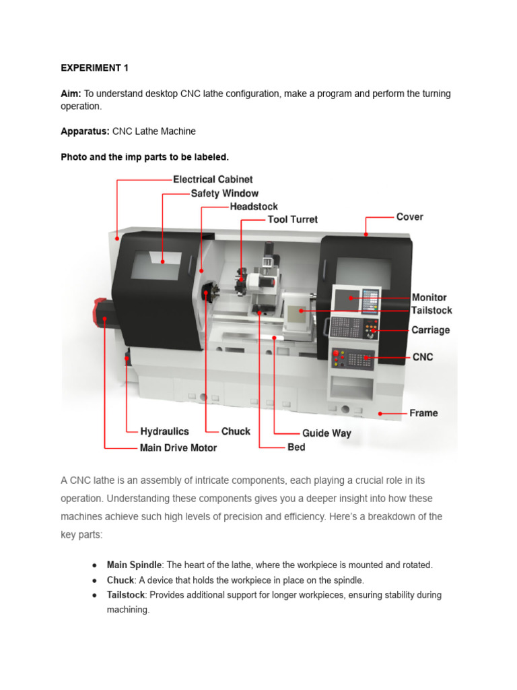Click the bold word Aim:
[x=71, y=94]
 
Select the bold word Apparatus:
[x=85, y=131]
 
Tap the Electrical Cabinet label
[x=213, y=179]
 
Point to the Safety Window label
[x=224, y=193]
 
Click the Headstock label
[x=253, y=207]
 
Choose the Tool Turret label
[x=293, y=220]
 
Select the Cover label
[x=409, y=217]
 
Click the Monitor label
[x=429, y=297]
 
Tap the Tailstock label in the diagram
[x=432, y=311]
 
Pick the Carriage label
[x=430, y=330]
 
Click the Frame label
[x=423, y=413]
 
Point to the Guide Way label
[x=326, y=433]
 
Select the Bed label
[x=296, y=447]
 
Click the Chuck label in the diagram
[x=236, y=431]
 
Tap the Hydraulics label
[x=164, y=431]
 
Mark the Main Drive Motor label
[x=178, y=447]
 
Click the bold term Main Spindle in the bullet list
[x=135, y=565]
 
